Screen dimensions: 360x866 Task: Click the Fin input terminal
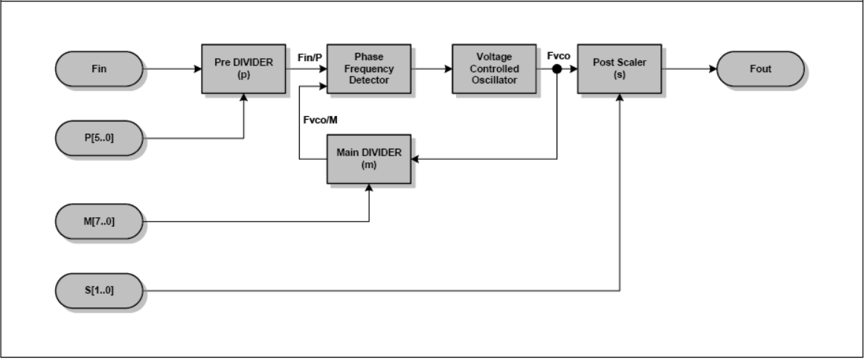(x=98, y=69)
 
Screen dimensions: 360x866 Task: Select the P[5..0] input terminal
(x=98, y=138)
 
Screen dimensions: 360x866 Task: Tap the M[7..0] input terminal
(x=98, y=222)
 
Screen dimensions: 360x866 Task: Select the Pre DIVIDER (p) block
(x=244, y=69)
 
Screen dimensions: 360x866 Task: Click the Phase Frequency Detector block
(x=369, y=69)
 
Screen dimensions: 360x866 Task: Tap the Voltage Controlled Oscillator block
(x=494, y=69)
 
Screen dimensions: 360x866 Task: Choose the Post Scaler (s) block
(x=619, y=69)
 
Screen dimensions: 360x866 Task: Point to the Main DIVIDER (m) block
(x=369, y=159)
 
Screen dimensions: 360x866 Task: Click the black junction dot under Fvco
(x=557, y=69)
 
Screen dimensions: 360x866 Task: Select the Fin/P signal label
(x=310, y=57)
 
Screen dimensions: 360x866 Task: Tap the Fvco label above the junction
(x=557, y=55)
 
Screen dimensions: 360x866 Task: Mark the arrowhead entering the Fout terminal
(x=712, y=69)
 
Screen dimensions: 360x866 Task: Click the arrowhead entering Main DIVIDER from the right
(x=416, y=159)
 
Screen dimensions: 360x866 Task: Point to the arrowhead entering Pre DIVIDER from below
(x=244, y=98)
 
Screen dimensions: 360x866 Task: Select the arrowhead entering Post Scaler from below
(x=619, y=98)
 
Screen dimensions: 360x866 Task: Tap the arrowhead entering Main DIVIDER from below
(x=369, y=188)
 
